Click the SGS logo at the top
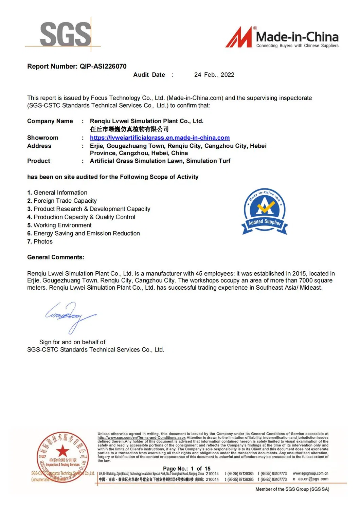point(66,34)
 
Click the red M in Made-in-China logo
point(239,37)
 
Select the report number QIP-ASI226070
point(103,67)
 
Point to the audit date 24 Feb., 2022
point(214,75)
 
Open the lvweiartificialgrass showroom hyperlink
point(160,138)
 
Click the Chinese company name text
point(129,129)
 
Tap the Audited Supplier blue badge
point(265,211)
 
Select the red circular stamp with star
point(63,456)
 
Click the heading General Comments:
point(56,257)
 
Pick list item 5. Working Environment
point(59,225)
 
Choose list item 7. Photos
point(40,242)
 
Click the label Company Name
point(50,121)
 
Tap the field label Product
point(39,161)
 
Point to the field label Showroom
point(43,138)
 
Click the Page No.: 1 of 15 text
point(186,469)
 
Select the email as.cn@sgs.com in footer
point(313,479)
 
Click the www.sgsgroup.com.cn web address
point(310,473)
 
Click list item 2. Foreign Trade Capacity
point(62,201)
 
